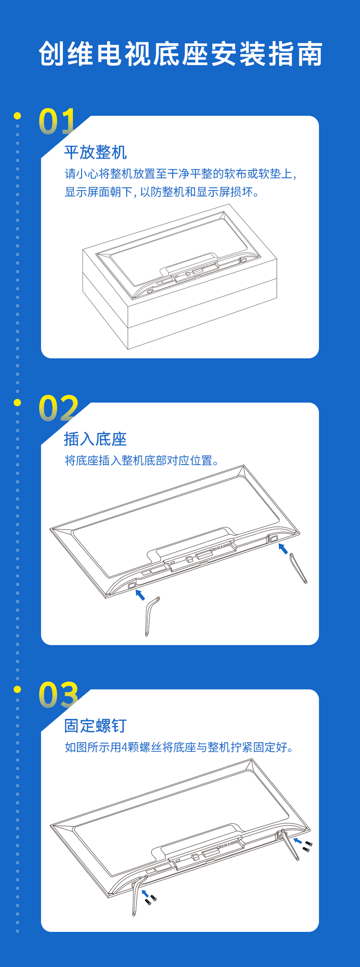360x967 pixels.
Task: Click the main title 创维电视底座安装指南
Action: click(x=180, y=54)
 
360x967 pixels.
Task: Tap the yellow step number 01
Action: click(x=57, y=121)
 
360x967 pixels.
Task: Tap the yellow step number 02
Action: click(x=59, y=408)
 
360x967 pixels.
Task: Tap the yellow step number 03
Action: click(x=59, y=695)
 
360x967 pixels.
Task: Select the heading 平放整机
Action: click(x=96, y=152)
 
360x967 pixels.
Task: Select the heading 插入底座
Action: click(x=96, y=439)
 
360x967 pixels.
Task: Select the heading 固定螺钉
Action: click(x=96, y=725)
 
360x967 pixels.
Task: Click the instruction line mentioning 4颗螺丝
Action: click(x=179, y=747)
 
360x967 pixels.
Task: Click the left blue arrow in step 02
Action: click(x=140, y=595)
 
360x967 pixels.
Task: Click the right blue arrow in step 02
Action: click(x=284, y=548)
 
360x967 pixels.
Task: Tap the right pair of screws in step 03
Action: click(x=307, y=846)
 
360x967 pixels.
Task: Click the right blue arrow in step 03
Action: click(x=298, y=841)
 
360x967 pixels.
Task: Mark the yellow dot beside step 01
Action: click(x=18, y=116)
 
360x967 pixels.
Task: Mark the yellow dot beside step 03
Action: click(x=18, y=689)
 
